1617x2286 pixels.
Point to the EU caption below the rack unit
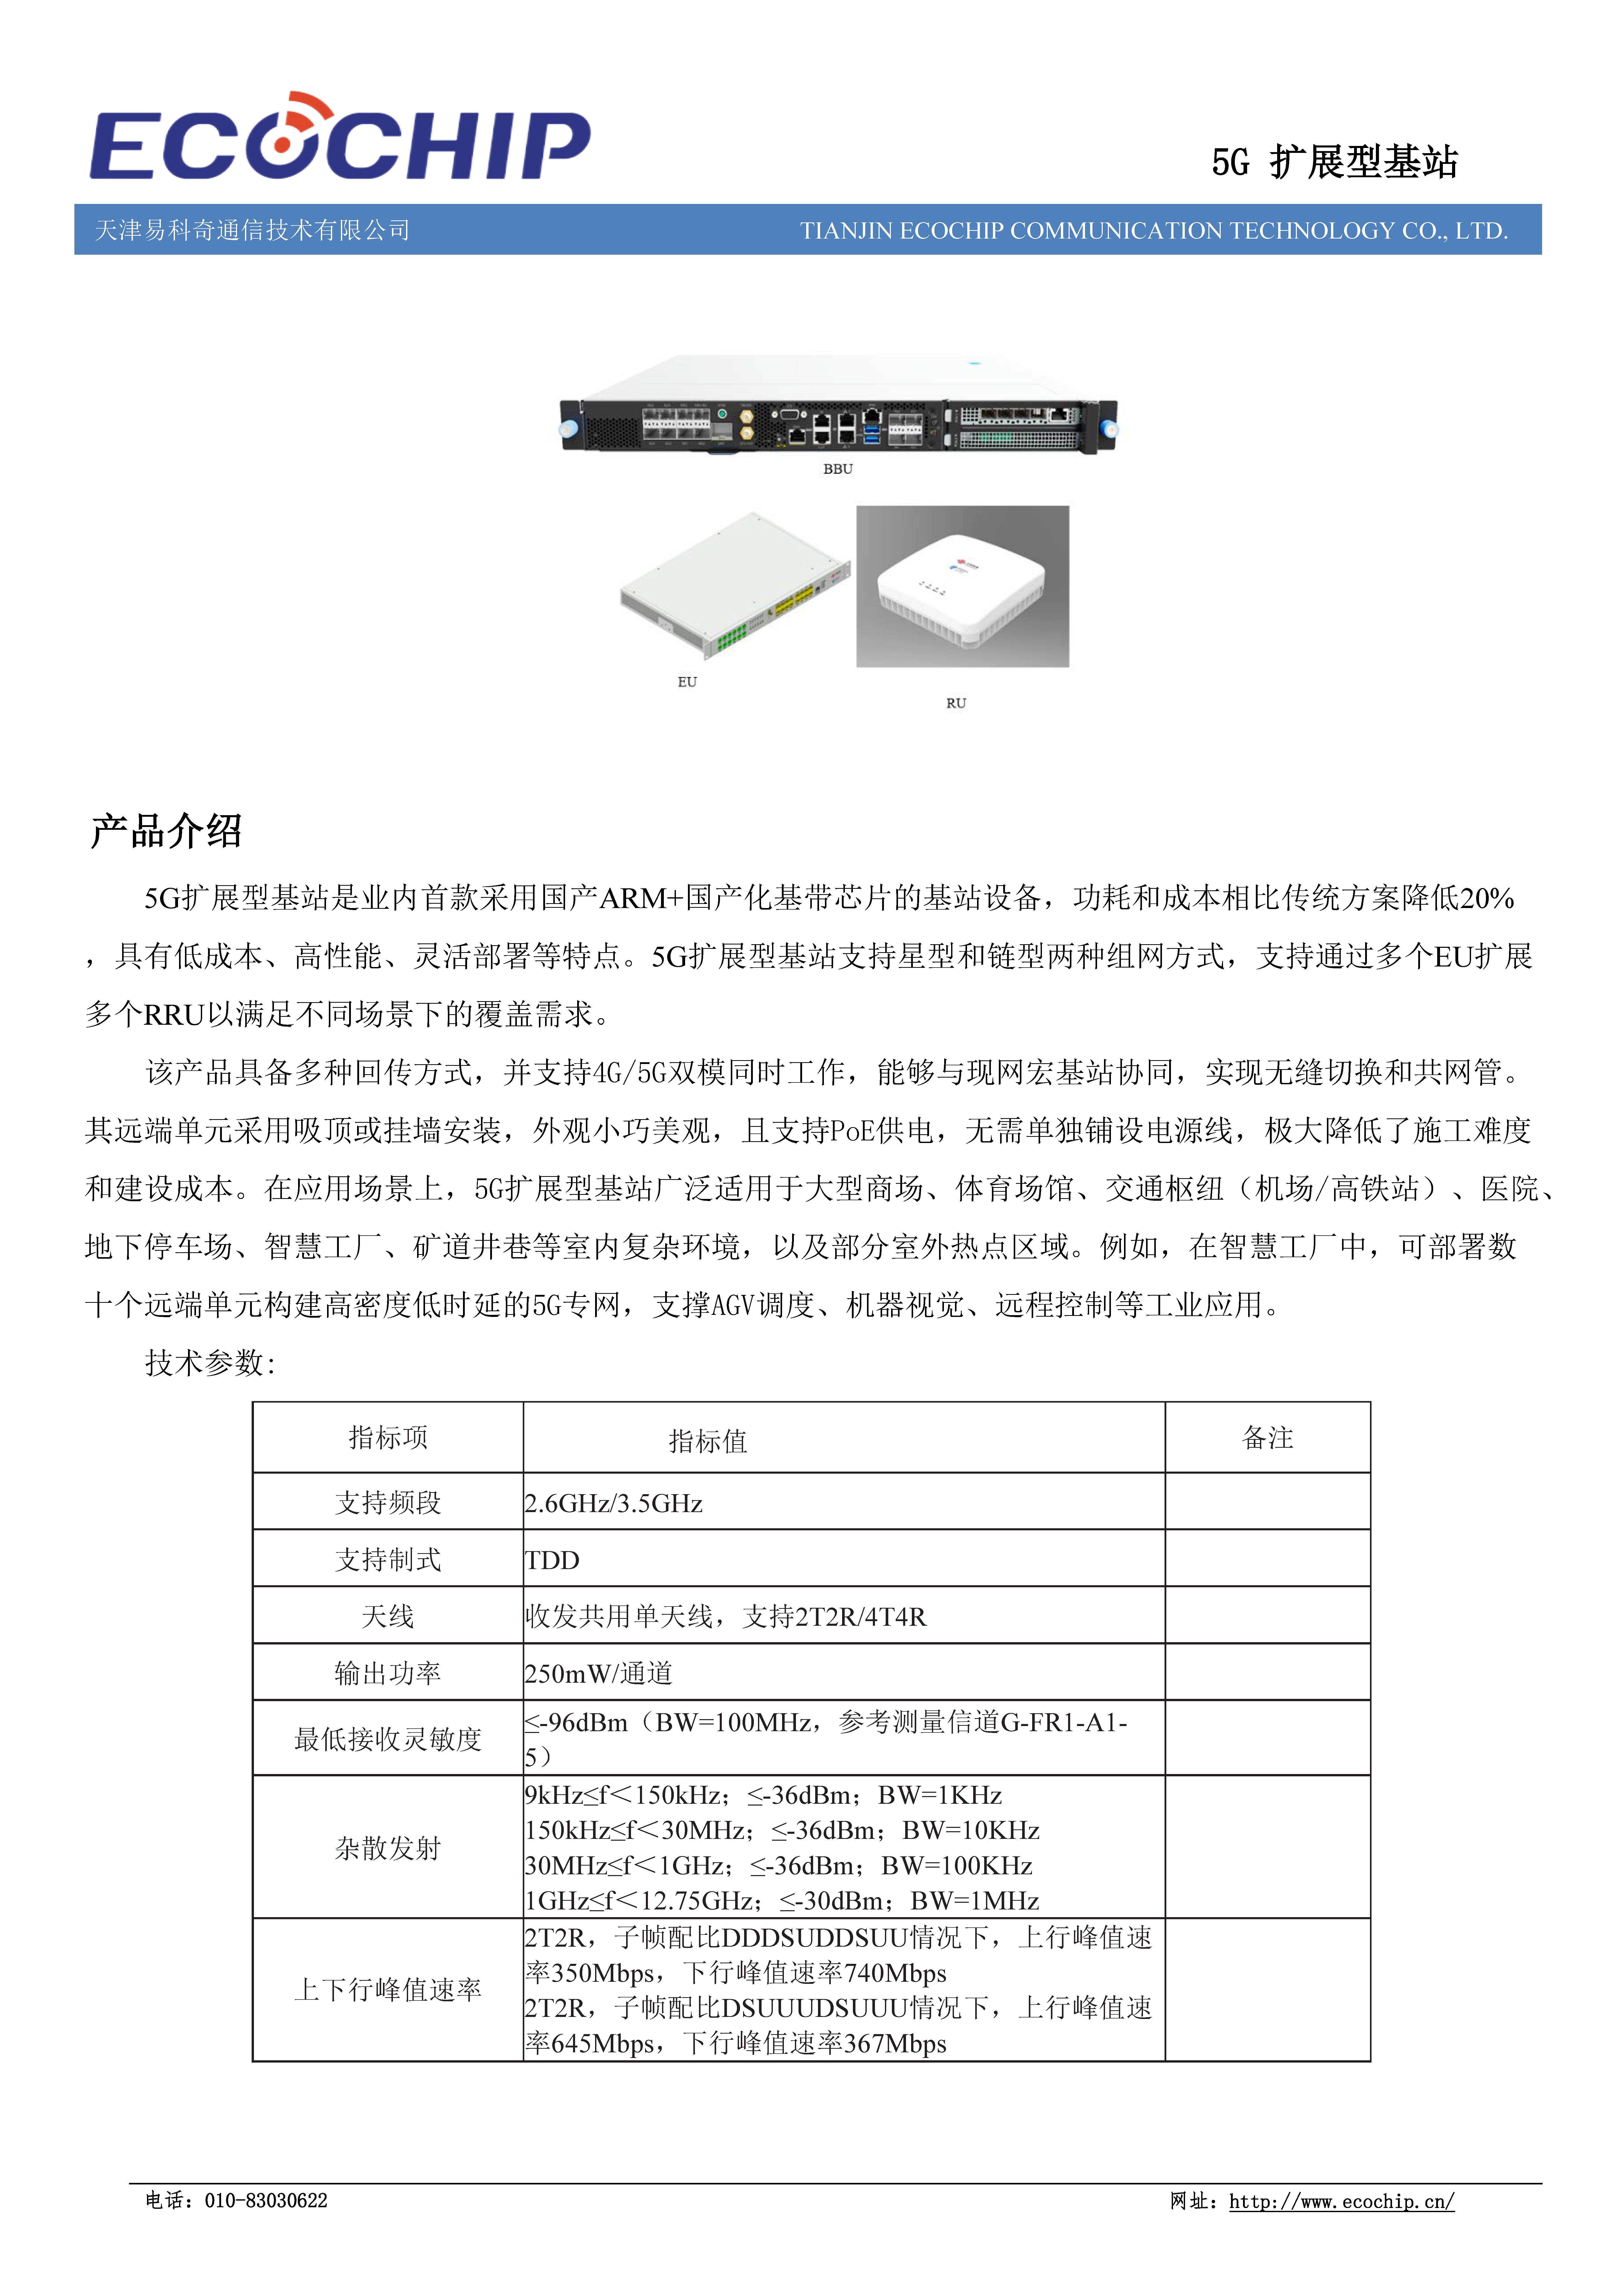[687, 682]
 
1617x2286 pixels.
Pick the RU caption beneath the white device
[956, 703]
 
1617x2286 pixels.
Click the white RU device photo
[962, 586]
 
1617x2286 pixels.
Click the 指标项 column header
[388, 1438]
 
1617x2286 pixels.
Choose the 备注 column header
[1267, 1438]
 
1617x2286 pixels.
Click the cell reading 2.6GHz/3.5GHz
[614, 1503]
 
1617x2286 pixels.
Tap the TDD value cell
[553, 1560]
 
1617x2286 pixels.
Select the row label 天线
[388, 1617]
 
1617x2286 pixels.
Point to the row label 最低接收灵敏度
[388, 1739]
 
